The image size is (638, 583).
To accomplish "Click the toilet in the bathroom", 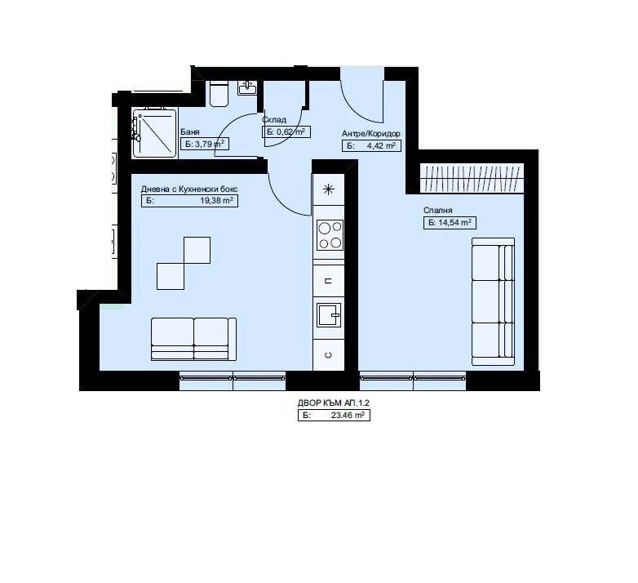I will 218,94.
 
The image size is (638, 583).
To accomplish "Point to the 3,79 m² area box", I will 204,145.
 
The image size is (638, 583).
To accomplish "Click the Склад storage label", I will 274,120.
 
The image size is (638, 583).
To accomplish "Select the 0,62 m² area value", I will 286,131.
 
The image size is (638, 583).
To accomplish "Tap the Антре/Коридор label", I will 370,134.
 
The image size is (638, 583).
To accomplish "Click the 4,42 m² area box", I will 370,146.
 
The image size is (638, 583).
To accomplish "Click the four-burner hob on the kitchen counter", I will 329,235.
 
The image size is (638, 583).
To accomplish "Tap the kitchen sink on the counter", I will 330,314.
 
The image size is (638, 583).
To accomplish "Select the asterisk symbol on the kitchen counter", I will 329,191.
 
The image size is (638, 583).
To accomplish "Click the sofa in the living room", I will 193,339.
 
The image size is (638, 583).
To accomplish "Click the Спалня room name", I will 437,210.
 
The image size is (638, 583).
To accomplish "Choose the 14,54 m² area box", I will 450,222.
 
